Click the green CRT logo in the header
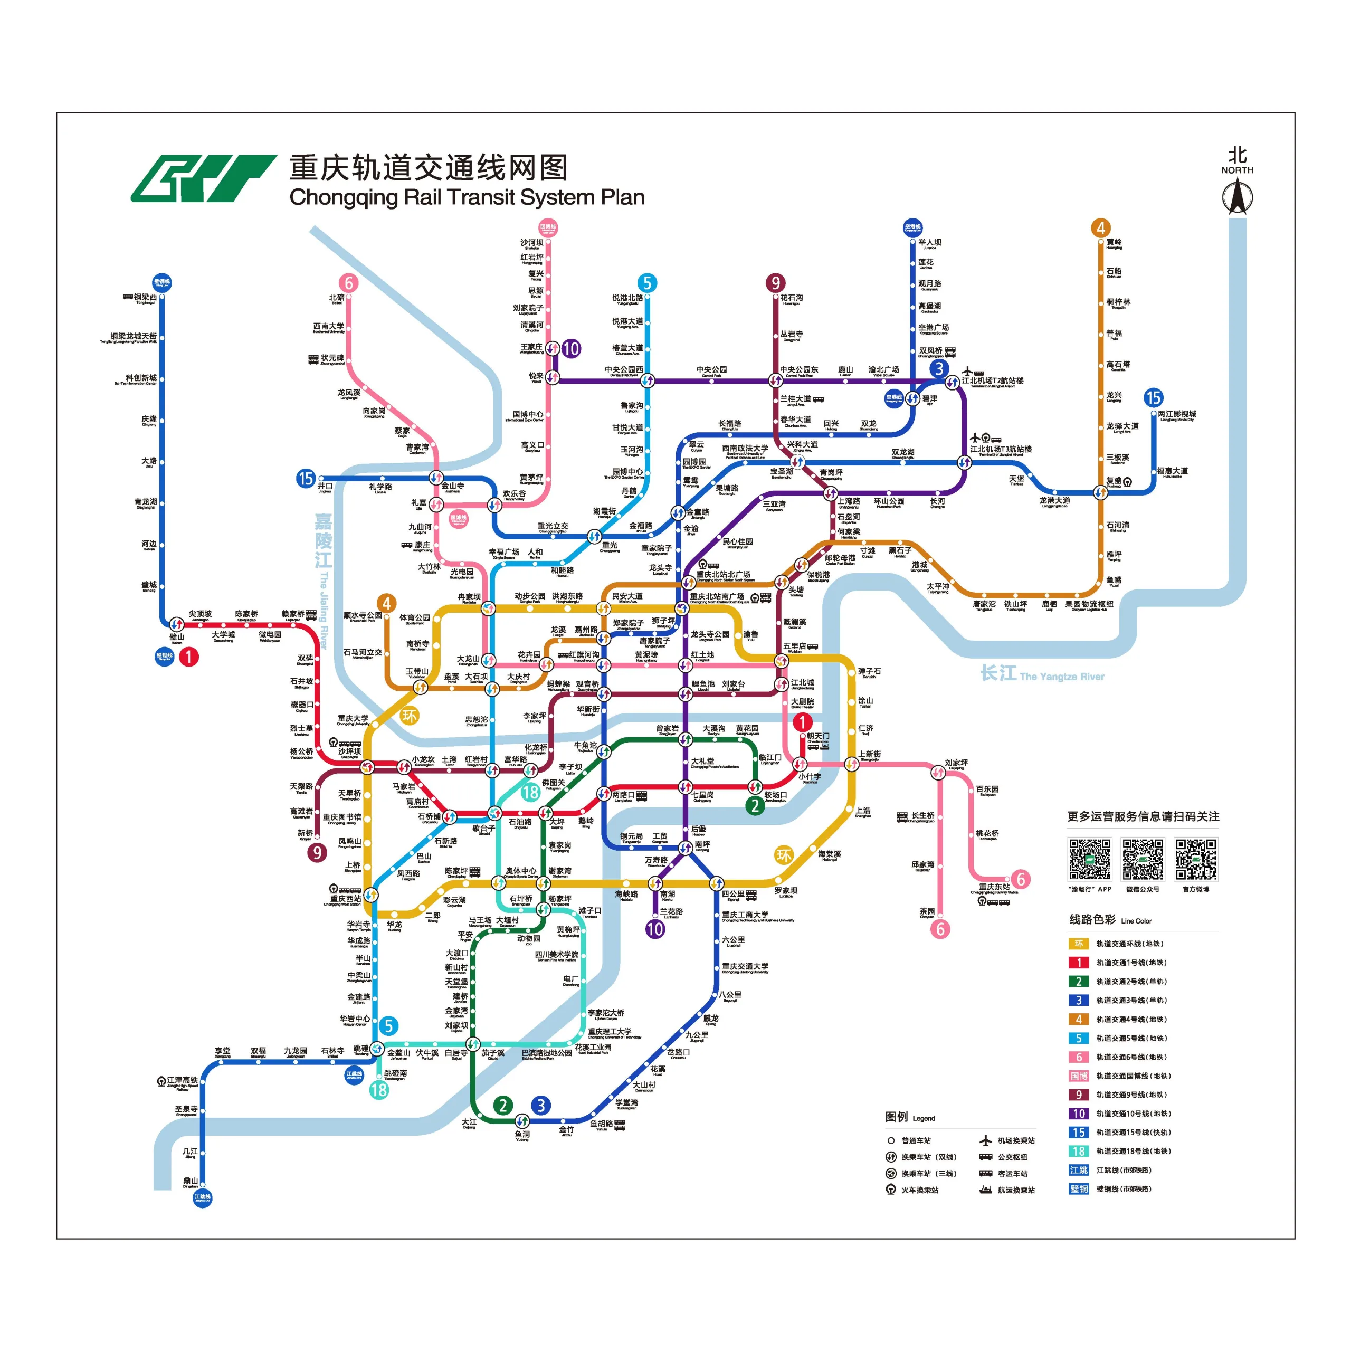(203, 178)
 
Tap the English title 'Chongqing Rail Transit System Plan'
(467, 197)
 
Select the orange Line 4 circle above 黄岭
(1101, 228)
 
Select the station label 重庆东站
(994, 887)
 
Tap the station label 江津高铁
(182, 1080)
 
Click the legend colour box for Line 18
(1078, 1151)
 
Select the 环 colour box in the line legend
(1078, 943)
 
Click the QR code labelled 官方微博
(1196, 859)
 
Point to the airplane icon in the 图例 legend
(986, 1140)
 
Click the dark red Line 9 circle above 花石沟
(775, 282)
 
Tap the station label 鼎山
(190, 1181)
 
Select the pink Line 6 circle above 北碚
(348, 282)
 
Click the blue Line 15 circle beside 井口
(306, 478)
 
